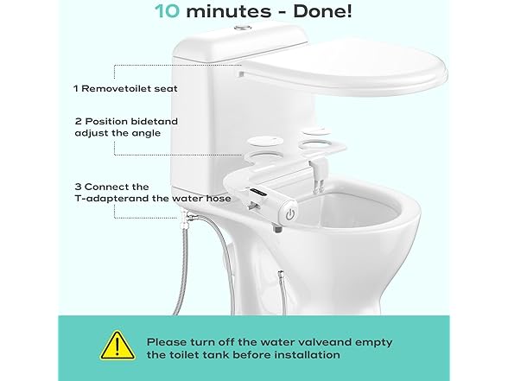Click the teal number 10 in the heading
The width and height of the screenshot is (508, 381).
[x=167, y=10]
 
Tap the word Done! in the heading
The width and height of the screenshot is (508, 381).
[x=322, y=10]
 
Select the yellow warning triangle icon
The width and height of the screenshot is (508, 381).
[x=117, y=346]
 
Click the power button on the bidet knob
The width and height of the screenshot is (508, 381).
[x=290, y=214]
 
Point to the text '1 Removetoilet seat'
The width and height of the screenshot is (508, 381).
[x=125, y=88]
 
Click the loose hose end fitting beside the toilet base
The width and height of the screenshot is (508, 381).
[x=280, y=276]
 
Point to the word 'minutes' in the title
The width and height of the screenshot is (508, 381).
[x=229, y=11]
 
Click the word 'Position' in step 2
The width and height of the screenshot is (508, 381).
[x=106, y=122]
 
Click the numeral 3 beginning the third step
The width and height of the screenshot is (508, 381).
[x=78, y=187]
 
